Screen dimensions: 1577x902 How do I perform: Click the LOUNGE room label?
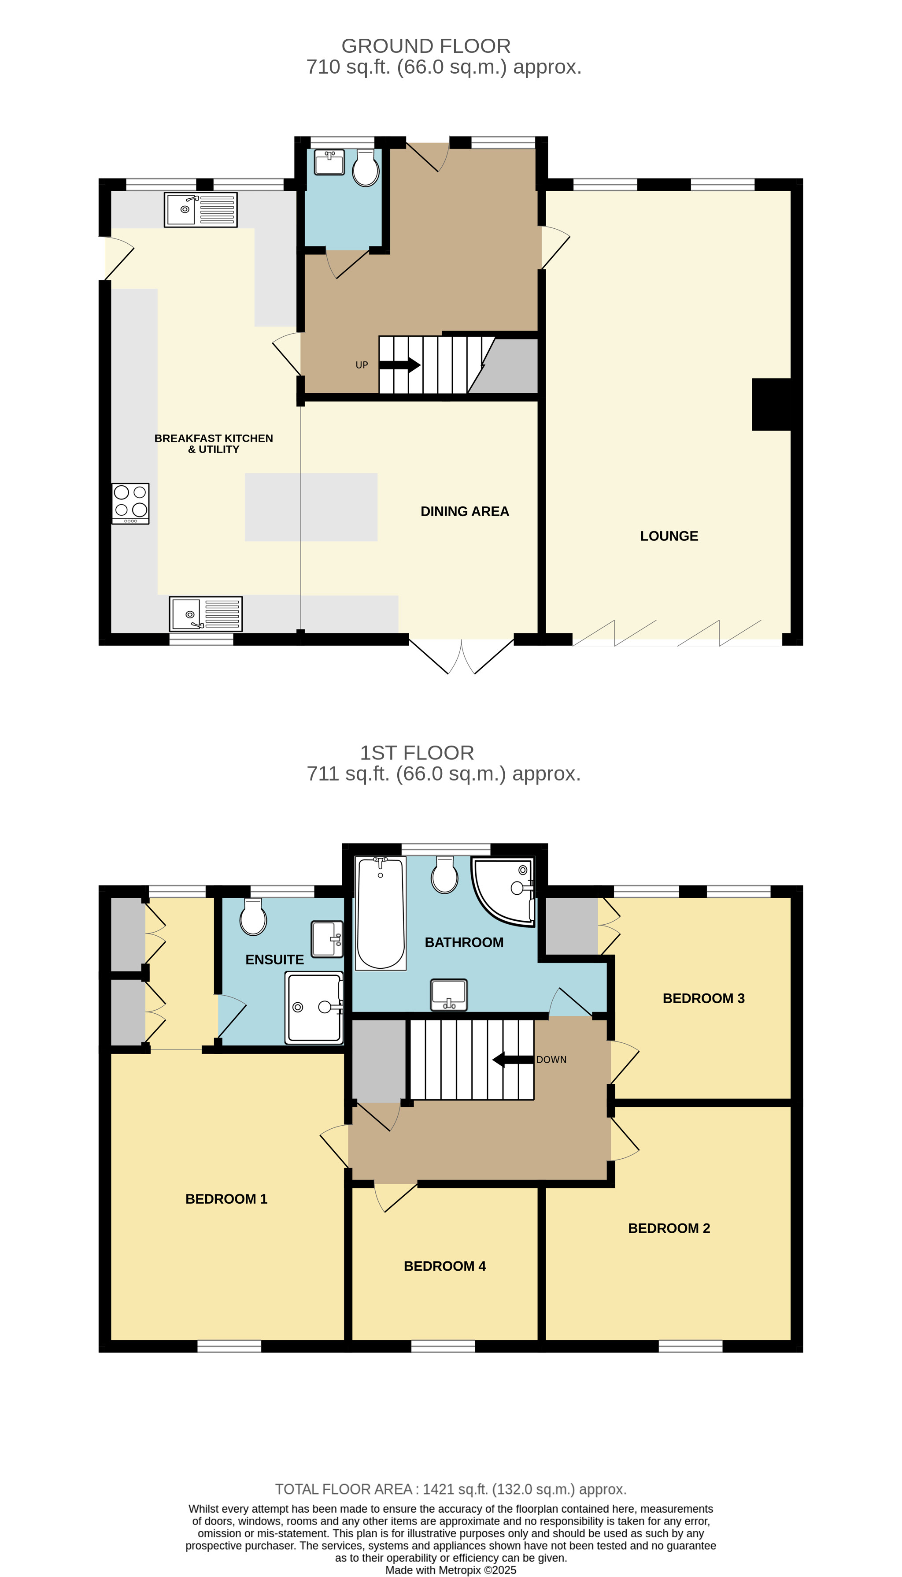point(669,536)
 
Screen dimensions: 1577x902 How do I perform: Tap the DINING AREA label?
point(465,511)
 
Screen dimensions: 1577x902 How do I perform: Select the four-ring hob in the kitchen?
point(130,503)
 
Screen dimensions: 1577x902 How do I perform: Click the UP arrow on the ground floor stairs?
point(399,364)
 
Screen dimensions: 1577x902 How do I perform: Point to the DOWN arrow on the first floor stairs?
point(513,1060)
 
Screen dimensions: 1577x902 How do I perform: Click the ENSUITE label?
point(274,960)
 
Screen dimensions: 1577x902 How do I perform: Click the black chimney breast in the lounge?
point(771,404)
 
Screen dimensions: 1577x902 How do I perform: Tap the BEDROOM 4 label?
point(444,1266)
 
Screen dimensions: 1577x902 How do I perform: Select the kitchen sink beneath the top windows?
point(200,209)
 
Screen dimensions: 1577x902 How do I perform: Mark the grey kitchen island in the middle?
point(311,507)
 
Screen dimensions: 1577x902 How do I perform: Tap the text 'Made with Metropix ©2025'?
point(451,1570)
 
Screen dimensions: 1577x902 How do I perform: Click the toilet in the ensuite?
point(253,918)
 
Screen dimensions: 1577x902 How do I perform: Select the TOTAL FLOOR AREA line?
point(451,1489)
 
